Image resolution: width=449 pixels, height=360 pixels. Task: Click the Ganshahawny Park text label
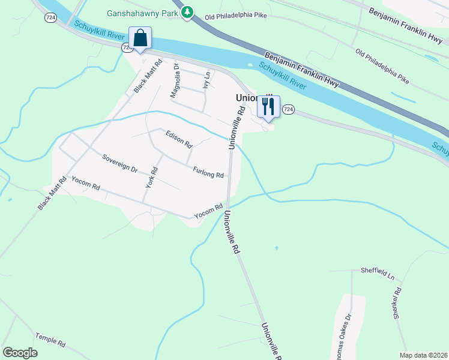144,13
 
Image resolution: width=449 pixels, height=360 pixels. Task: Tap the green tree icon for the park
188,11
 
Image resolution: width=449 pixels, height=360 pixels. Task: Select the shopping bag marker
140,38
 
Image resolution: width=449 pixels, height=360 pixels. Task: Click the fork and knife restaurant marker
268,107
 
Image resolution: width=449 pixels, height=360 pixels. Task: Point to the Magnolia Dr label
175,80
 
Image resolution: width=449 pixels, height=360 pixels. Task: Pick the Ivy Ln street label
207,80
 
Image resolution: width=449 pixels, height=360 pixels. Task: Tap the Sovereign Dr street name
120,163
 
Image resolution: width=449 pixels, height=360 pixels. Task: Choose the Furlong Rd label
208,172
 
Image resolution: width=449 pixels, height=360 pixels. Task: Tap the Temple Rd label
50,340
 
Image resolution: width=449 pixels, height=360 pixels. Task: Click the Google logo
20,353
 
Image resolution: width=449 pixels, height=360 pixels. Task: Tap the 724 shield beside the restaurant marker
288,109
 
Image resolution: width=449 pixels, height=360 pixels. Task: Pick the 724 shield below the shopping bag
126,47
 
